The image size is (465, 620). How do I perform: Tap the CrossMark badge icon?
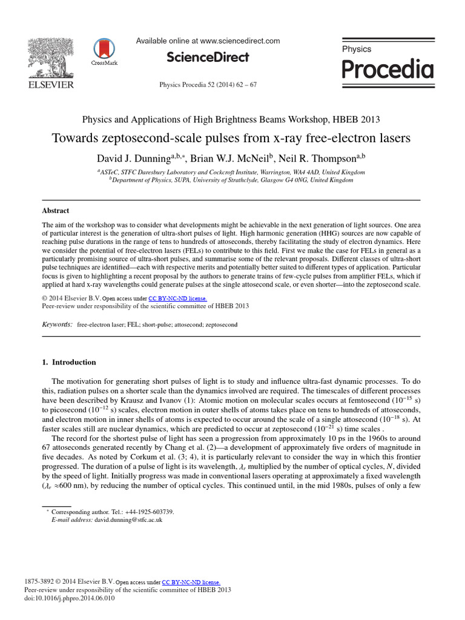(x=104, y=50)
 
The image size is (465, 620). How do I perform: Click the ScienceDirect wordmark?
(x=208, y=58)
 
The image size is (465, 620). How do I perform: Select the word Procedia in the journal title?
(x=387, y=70)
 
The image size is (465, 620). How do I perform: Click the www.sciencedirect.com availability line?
(x=208, y=41)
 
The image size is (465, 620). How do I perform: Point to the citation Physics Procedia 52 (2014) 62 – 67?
(x=208, y=85)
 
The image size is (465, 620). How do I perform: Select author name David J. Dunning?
(x=135, y=159)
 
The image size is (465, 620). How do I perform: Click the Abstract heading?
(x=55, y=211)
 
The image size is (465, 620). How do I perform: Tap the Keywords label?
(x=57, y=325)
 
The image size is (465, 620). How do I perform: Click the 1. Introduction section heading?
(x=68, y=362)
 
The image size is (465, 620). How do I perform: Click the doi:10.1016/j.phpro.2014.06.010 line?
(x=69, y=599)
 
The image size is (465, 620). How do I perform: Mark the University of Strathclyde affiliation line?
(x=232, y=180)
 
